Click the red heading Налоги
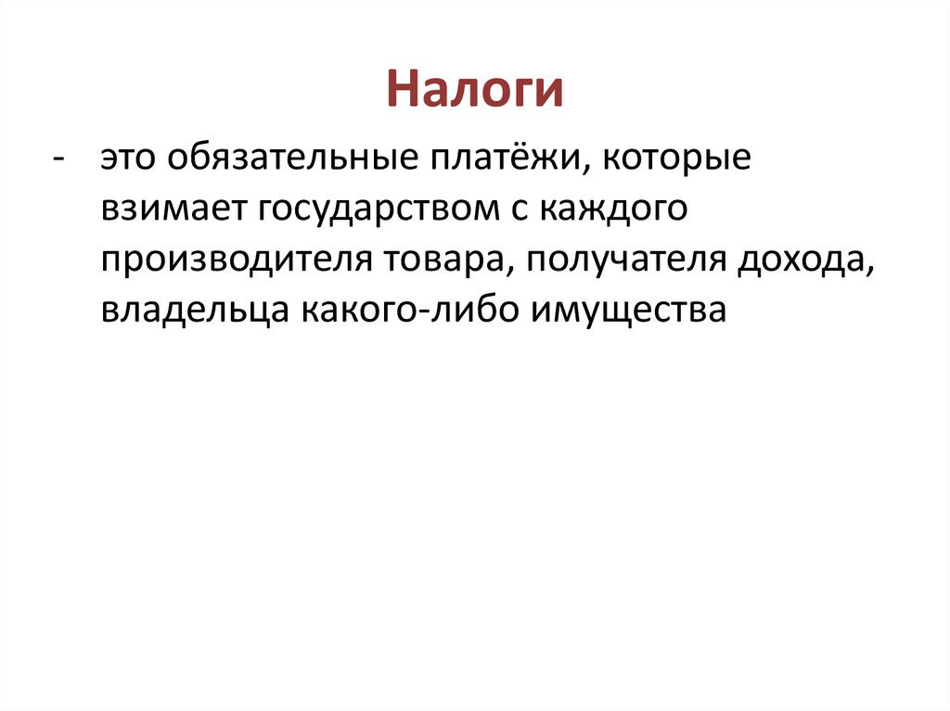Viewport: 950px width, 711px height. pos(475,91)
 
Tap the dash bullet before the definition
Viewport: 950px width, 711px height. pos(59,159)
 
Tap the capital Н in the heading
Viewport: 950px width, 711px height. pos(401,91)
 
